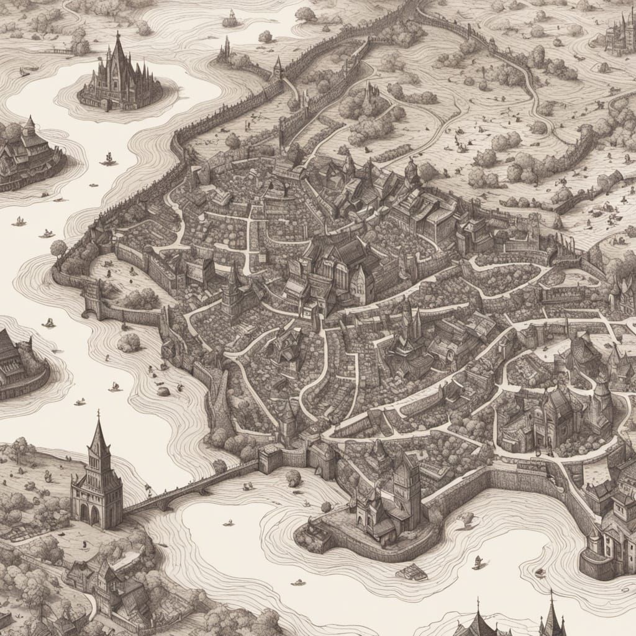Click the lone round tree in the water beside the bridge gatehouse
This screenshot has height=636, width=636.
point(293,478)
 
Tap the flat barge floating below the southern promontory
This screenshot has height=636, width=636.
point(411,572)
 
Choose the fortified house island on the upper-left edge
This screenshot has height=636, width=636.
point(28,155)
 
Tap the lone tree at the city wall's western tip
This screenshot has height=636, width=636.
point(58,248)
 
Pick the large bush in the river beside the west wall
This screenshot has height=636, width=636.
point(129,342)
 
